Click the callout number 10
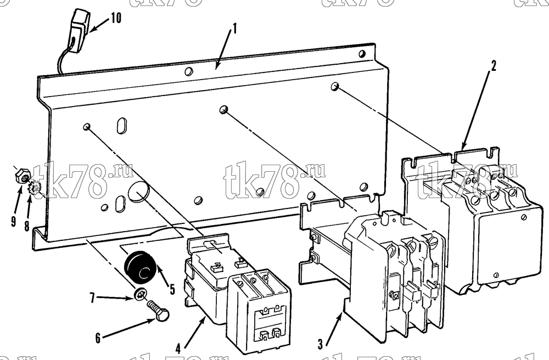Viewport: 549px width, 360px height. [116, 18]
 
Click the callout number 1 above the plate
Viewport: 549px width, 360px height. [234, 29]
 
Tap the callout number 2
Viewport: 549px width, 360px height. [494, 65]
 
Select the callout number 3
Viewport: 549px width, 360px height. [320, 344]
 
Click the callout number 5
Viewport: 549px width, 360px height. [172, 289]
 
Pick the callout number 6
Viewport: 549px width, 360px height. [98, 337]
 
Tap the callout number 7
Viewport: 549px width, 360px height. [92, 299]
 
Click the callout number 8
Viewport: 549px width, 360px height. [27, 226]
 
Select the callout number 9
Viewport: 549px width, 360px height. [13, 222]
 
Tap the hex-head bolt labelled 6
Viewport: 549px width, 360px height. [158, 311]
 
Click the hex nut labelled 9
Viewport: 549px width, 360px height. [23, 178]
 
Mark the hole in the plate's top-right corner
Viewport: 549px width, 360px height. [362, 54]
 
